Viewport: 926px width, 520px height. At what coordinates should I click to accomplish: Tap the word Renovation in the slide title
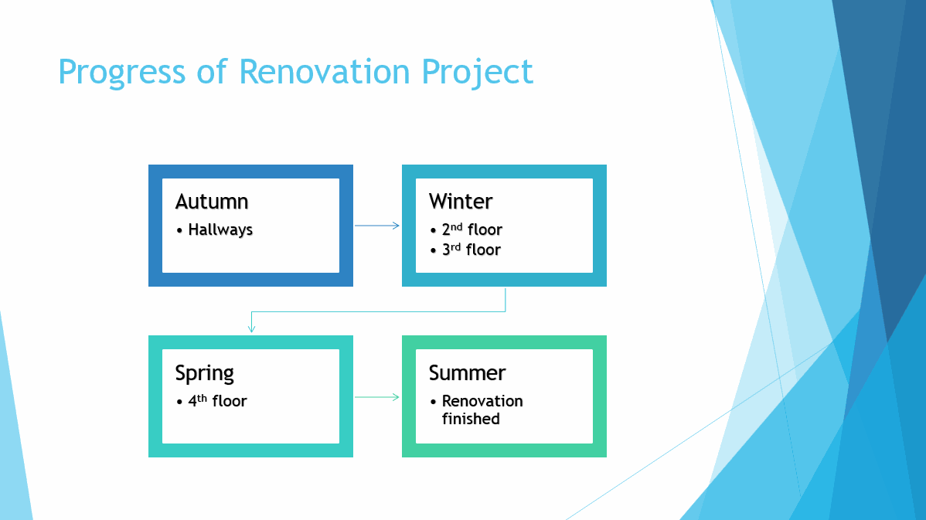pos(324,71)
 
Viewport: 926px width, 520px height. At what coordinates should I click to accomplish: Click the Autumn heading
pos(212,201)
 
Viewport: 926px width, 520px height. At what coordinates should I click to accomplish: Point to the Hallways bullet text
pos(220,229)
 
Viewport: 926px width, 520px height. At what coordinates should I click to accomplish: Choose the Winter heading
pos(461,201)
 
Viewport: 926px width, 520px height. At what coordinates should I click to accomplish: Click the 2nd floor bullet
pos(472,229)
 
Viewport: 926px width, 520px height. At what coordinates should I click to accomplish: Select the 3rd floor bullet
pos(472,249)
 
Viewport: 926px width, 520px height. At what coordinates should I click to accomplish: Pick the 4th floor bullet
pos(217,401)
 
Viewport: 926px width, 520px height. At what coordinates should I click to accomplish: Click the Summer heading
pos(467,373)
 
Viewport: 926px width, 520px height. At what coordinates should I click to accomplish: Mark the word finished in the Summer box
pos(471,419)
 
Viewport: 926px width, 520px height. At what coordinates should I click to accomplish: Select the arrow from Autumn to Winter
pos(376,226)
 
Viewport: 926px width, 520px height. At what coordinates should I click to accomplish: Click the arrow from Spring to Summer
pos(376,397)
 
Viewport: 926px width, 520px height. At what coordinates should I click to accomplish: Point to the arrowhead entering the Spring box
pos(251,329)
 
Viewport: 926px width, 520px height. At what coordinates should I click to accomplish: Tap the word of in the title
pos(212,71)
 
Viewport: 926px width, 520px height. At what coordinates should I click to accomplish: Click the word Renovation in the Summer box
pos(482,401)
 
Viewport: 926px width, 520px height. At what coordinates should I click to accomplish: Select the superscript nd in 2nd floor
pos(457,226)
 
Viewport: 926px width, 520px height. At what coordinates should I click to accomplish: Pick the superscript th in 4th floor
pos(202,399)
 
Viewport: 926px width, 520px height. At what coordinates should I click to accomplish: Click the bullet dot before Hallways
pos(179,230)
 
